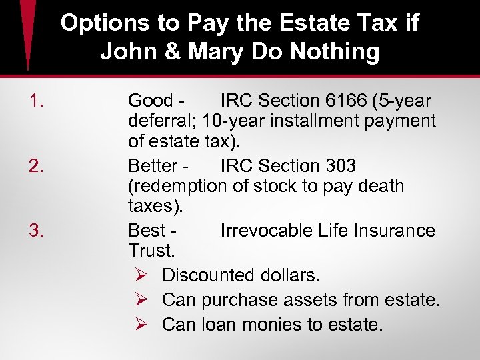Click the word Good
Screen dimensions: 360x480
coord(150,101)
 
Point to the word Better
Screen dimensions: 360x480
coord(153,166)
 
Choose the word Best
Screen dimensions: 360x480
coord(146,231)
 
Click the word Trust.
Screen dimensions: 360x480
coord(151,251)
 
